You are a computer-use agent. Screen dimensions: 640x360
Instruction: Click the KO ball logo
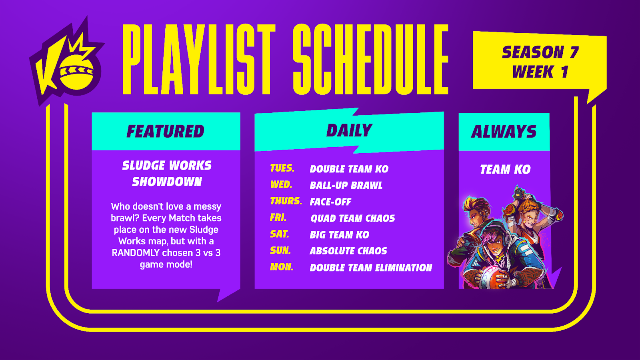click(68, 62)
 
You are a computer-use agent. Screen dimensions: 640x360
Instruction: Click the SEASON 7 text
click(540, 52)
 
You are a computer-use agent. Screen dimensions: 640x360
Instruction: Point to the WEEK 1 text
click(540, 72)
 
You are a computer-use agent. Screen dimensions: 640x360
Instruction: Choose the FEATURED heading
click(166, 131)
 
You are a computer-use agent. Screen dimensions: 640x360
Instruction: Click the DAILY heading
click(349, 130)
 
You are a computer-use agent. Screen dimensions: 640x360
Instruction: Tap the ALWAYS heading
click(504, 132)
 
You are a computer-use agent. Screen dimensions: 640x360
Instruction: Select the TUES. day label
click(282, 168)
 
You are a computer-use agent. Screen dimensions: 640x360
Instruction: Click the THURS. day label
click(286, 201)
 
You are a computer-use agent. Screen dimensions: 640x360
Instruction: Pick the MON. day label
click(282, 267)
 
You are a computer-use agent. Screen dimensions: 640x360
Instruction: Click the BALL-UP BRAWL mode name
click(346, 186)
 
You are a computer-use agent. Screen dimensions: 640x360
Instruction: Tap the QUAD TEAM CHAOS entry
click(352, 218)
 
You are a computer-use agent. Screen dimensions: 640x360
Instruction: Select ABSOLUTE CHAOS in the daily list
click(348, 251)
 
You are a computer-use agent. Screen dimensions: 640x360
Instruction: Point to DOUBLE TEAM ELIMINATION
click(371, 268)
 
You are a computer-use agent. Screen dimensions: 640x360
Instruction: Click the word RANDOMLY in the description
click(136, 253)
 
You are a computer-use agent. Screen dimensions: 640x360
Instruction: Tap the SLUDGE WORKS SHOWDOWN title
click(167, 174)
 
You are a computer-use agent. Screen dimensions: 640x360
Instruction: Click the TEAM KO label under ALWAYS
click(505, 170)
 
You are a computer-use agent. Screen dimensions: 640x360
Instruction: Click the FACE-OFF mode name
click(330, 202)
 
